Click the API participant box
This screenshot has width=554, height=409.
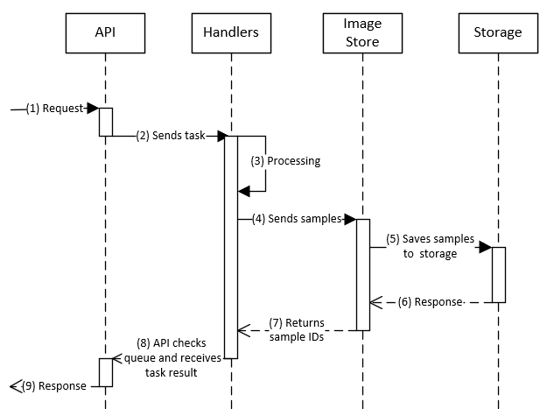(105, 33)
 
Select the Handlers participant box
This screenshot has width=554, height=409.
(231, 33)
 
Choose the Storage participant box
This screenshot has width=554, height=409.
(497, 33)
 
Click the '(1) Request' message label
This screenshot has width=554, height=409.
(55, 109)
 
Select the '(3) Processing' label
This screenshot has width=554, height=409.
(286, 161)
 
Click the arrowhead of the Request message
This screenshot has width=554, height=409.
(92, 109)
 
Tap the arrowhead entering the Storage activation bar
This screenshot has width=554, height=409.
(484, 247)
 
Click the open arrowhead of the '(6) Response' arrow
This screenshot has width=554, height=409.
(376, 303)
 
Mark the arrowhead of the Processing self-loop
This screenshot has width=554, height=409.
(244, 190)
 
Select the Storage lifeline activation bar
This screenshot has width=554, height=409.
(498, 274)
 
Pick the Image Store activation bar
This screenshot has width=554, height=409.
(362, 274)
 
